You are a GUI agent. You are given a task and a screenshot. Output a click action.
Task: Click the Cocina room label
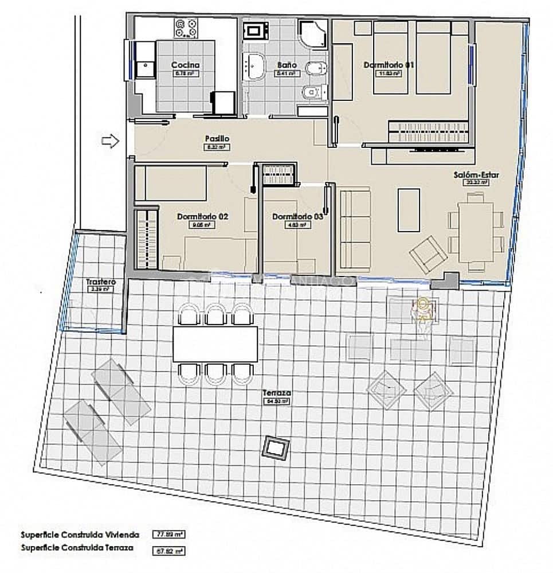(185, 65)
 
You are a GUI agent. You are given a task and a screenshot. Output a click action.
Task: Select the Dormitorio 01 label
(389, 65)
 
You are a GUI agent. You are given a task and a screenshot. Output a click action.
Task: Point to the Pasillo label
(217, 139)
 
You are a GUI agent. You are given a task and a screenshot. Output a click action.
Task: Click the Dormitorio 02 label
(203, 217)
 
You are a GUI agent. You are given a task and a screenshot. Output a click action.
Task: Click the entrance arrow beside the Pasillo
(109, 140)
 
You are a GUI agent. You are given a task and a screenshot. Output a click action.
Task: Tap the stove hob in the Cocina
(187, 27)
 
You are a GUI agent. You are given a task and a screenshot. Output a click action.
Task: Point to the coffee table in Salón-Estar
(409, 210)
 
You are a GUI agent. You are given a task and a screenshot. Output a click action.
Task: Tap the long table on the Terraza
(215, 344)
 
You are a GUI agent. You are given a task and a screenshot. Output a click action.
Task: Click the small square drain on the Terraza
(276, 447)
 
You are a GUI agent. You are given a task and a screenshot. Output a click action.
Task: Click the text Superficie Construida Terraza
(77, 548)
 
